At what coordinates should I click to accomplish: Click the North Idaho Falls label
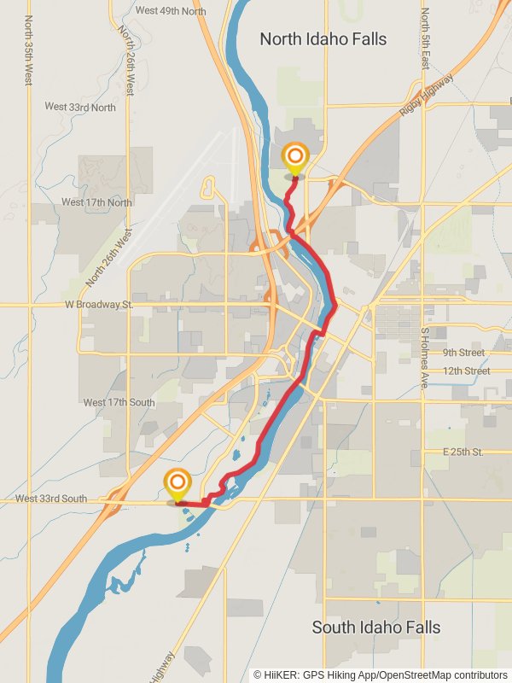pos(323,39)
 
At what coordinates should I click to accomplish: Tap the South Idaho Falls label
pos(375,628)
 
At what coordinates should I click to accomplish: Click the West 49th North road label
pos(171,11)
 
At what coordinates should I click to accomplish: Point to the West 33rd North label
pos(80,107)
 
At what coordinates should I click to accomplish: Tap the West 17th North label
pos(96,202)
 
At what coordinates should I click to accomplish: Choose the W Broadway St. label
pos(99,304)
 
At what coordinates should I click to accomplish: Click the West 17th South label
pos(119,402)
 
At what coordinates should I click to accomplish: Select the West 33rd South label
pos(51,499)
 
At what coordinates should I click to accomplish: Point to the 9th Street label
pos(463,353)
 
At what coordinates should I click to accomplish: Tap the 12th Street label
pos(466,371)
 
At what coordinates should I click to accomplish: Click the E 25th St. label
pos(463,451)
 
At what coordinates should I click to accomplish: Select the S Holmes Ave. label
pos(423,358)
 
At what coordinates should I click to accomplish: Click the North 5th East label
pos(424,38)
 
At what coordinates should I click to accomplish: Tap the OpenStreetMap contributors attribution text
pos(443,674)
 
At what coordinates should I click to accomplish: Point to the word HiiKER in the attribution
pos(281,674)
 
